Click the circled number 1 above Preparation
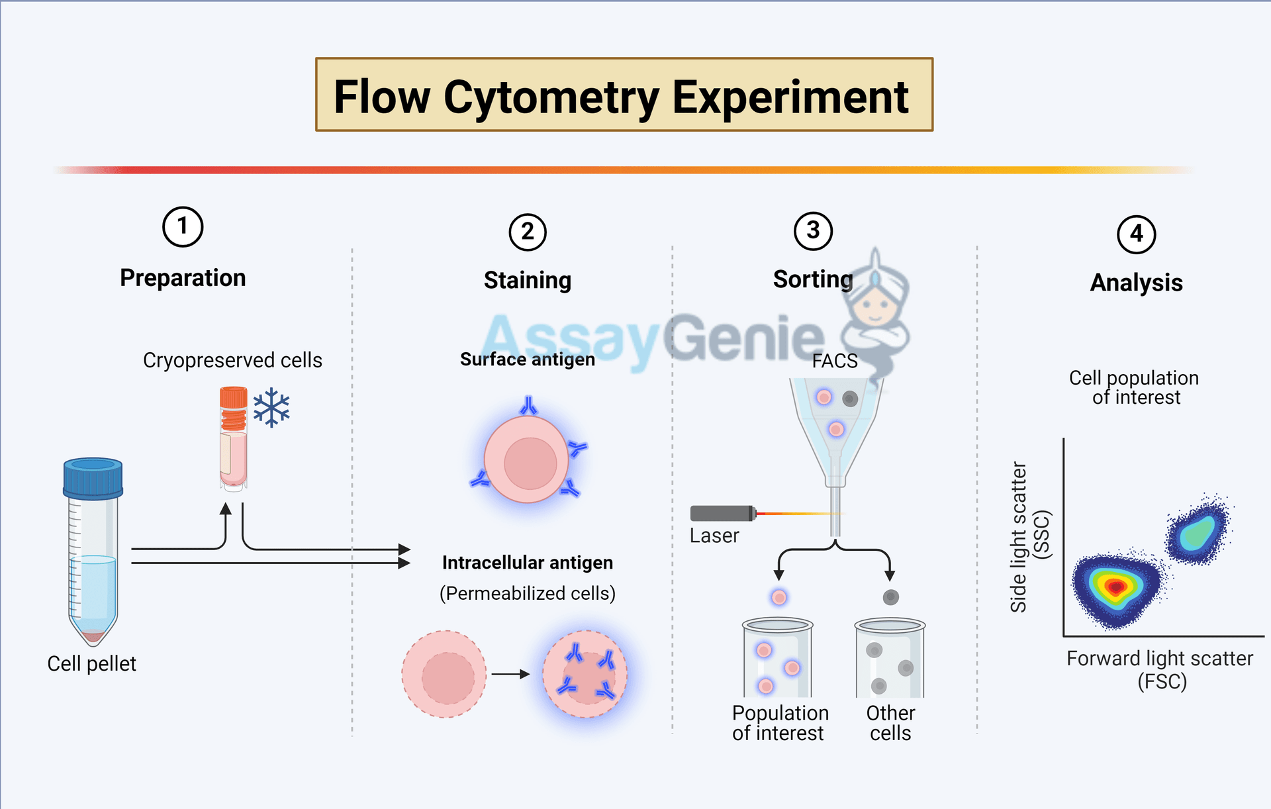183,226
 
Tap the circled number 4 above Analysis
1136,234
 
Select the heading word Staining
527,280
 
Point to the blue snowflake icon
271,408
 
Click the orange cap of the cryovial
233,398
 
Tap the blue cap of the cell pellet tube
93,477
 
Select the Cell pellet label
91,663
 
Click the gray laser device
722,513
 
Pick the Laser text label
714,536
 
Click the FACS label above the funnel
834,361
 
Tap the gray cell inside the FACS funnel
850,399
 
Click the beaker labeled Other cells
890,658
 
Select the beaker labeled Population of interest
777,658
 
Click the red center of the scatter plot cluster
1116,587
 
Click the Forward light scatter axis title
1160,659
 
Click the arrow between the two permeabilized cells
510,674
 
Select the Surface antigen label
527,359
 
